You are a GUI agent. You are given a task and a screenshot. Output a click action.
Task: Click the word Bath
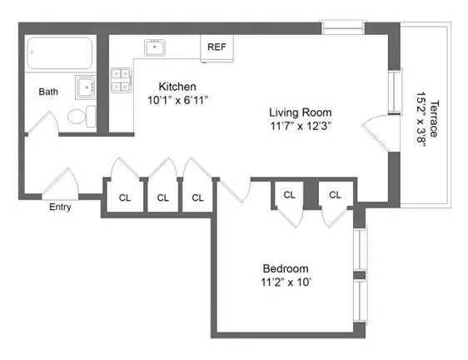pyautogui.click(x=47, y=92)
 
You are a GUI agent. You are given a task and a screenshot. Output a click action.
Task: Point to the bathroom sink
pyautogui.click(x=86, y=87)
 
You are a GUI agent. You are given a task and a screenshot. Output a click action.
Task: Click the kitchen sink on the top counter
pyautogui.click(x=155, y=47)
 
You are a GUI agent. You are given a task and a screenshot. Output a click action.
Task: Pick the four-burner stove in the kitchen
pyautogui.click(x=122, y=79)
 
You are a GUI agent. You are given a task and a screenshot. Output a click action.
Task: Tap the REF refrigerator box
pyautogui.click(x=217, y=47)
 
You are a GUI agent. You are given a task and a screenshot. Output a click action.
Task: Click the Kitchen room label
pyautogui.click(x=177, y=86)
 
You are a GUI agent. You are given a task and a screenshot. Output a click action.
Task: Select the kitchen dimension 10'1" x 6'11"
pyautogui.click(x=177, y=100)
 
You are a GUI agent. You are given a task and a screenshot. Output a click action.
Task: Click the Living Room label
pyautogui.click(x=300, y=112)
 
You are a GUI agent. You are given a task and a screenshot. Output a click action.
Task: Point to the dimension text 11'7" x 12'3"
pyautogui.click(x=300, y=127)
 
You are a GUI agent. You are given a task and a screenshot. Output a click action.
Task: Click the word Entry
pyautogui.click(x=60, y=207)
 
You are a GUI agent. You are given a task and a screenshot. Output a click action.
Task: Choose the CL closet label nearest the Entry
pyautogui.click(x=125, y=198)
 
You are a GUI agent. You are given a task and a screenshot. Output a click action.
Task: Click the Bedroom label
pyautogui.click(x=286, y=268)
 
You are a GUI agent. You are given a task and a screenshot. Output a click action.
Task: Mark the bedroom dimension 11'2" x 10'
pyautogui.click(x=286, y=282)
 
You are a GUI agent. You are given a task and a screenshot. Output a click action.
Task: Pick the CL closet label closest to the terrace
pyautogui.click(x=335, y=194)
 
